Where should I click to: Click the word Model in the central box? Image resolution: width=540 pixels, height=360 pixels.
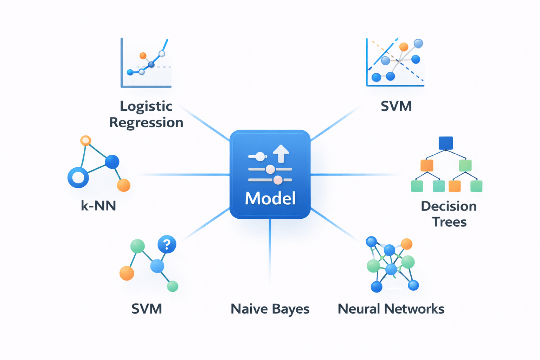[270, 198]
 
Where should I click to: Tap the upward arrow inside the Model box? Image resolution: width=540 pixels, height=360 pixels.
[281, 153]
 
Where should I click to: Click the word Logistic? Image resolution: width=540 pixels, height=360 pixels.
[146, 106]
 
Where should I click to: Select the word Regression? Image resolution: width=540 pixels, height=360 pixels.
[146, 122]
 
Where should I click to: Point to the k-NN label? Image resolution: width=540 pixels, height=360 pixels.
[98, 205]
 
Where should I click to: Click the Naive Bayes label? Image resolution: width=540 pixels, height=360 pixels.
[270, 309]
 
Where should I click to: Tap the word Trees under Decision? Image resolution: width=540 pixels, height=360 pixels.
[449, 222]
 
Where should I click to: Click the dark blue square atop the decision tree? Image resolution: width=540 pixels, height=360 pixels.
[445, 143]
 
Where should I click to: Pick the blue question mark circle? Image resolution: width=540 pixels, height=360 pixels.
[167, 244]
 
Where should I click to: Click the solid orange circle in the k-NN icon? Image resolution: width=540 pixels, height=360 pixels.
[123, 185]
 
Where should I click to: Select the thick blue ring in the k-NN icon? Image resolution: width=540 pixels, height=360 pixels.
[78, 177]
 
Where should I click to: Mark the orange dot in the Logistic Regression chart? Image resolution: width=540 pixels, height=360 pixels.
[143, 56]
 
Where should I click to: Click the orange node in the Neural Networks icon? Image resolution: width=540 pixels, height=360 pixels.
[406, 244]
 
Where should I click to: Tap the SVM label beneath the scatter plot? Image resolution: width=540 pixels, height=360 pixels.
[396, 106]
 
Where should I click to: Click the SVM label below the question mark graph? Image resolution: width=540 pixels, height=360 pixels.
[147, 309]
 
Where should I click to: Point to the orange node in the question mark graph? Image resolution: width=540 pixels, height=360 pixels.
[127, 273]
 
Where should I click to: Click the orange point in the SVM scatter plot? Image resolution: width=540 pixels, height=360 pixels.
[404, 47]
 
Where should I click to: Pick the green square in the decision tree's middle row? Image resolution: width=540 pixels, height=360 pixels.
[465, 165]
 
